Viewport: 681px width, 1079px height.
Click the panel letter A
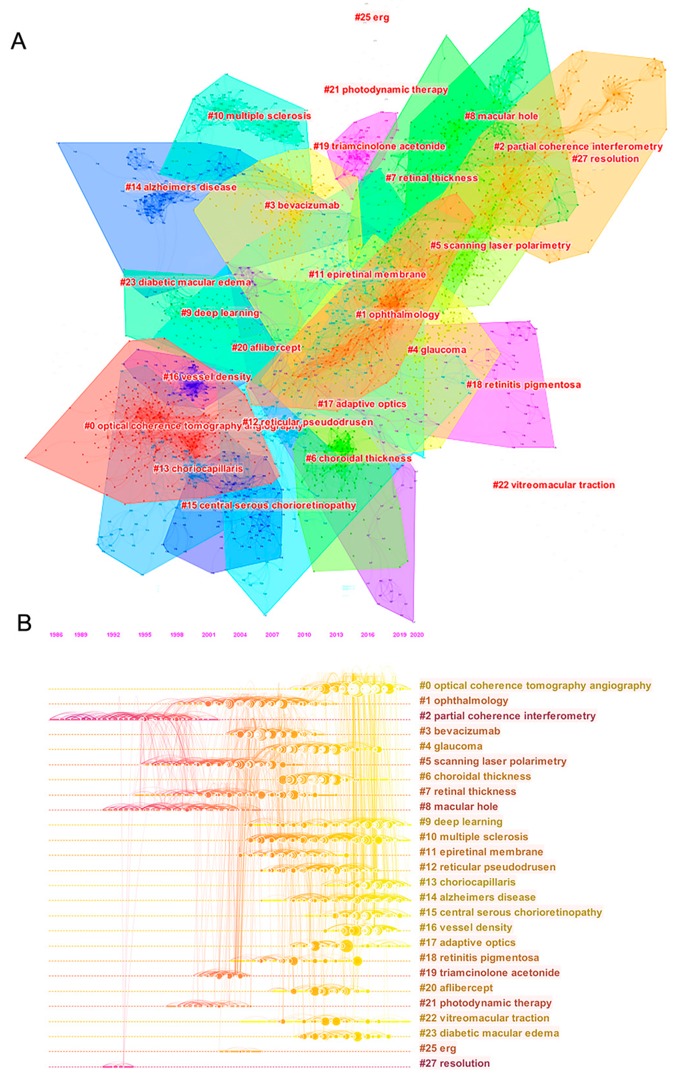18,41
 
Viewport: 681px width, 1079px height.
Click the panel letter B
24,623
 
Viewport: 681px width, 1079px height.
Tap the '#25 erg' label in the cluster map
372,17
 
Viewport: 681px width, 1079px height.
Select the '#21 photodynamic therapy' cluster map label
386,89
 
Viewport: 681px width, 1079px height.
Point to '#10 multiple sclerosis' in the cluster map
259,116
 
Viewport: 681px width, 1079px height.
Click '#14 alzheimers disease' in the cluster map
181,187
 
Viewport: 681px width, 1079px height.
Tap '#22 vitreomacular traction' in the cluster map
554,485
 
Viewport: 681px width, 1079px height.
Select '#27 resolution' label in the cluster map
605,159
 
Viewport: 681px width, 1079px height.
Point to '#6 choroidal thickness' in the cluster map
358,459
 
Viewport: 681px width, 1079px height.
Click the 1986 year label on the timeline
56,635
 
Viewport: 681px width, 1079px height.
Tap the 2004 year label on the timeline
240,635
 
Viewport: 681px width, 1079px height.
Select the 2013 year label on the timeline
336,635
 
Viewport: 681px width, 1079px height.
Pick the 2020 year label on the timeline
417,635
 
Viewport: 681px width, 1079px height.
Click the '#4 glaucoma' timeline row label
451,746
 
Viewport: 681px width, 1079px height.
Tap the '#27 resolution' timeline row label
454,1063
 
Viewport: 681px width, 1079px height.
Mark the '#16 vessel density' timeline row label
466,928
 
